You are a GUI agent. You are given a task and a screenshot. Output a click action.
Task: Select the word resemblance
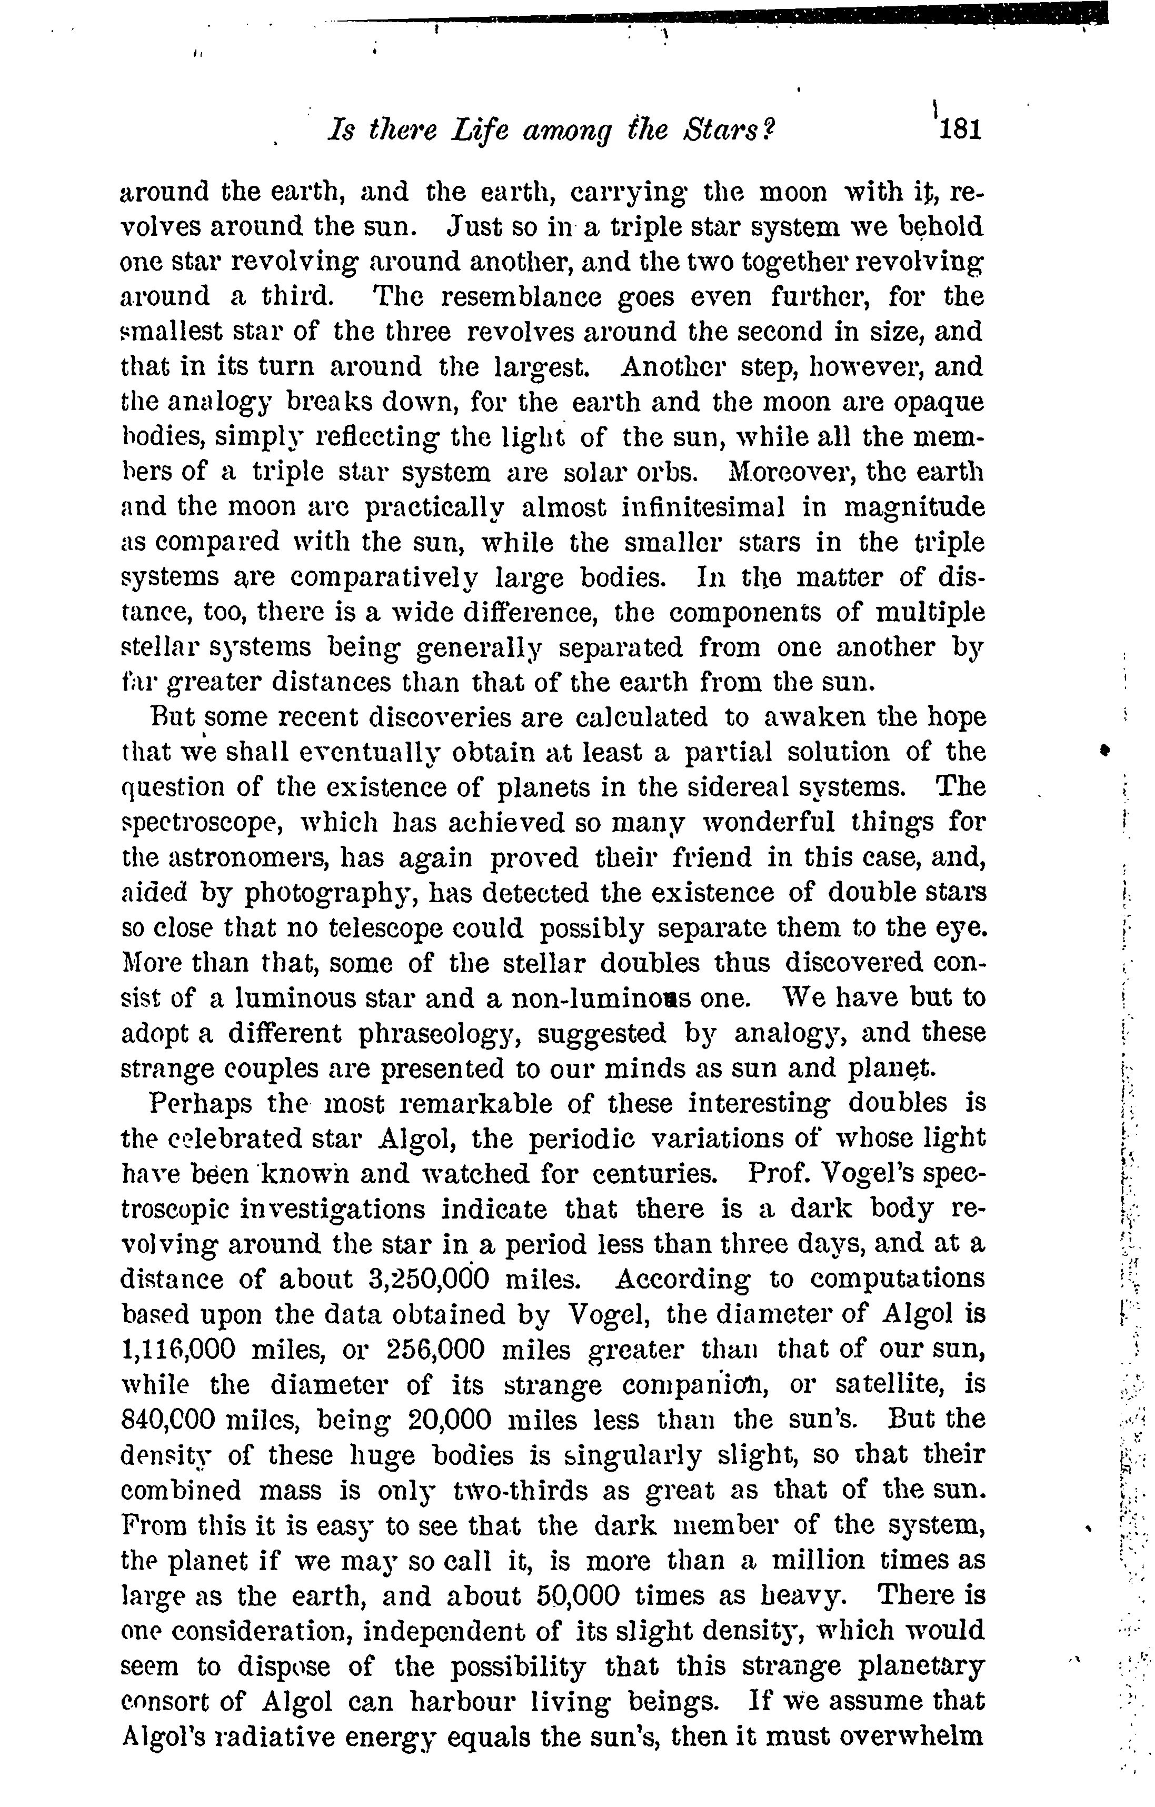(x=521, y=297)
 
